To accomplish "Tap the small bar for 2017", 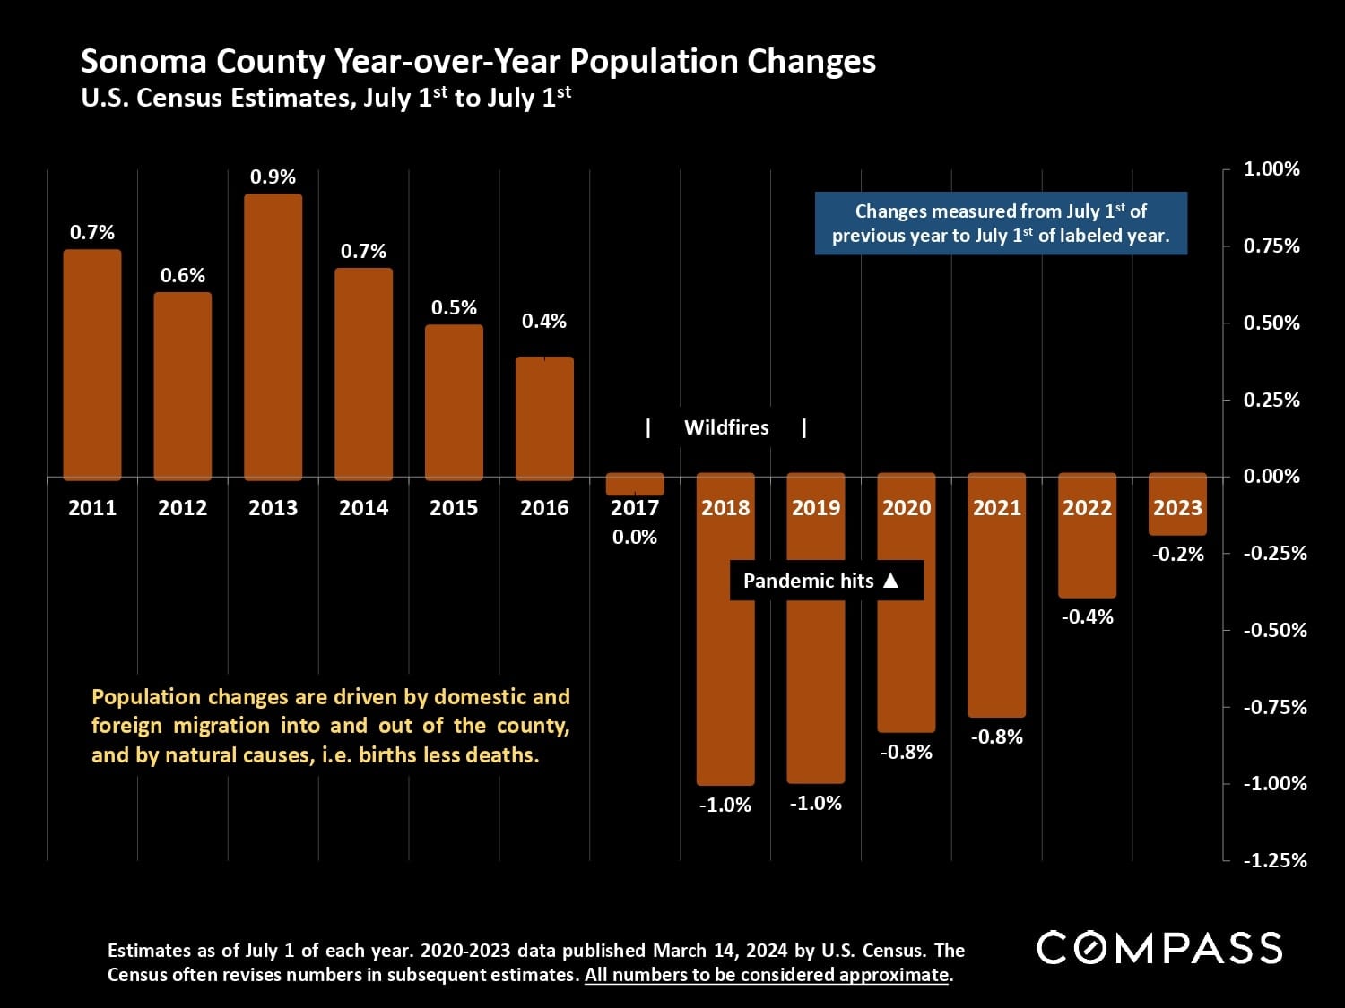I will point(635,485).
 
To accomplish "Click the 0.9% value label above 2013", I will point(273,177).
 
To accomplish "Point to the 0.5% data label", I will point(454,308).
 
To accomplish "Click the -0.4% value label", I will point(1087,617).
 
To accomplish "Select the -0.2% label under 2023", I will point(1177,555).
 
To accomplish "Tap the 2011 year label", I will point(92,508).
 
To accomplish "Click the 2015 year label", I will point(454,508).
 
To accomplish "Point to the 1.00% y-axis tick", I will point(1271,169).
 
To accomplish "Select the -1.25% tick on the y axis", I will point(1274,861).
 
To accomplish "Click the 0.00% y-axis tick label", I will point(1271,477).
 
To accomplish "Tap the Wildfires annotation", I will point(726,428).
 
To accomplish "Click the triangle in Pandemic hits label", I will point(890,581).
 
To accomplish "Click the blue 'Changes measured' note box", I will point(1001,223).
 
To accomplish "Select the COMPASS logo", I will point(1159,948).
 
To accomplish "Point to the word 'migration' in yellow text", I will point(221,726).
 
